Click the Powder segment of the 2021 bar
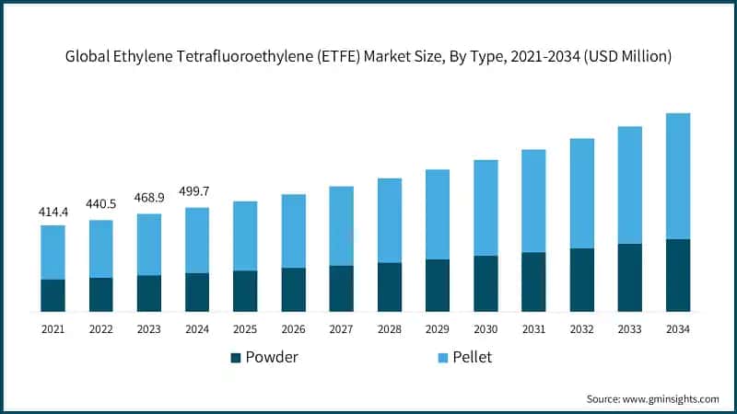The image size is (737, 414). point(53,295)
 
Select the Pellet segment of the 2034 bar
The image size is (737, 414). point(678,176)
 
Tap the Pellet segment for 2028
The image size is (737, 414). point(390,220)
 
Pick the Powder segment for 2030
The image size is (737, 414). point(485,283)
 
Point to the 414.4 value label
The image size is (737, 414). point(53,212)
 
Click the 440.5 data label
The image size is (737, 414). point(101,206)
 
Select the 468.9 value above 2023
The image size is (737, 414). point(149,200)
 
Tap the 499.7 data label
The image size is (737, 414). point(197,193)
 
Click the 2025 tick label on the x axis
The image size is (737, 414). point(245,328)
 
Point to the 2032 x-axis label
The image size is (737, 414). point(581,328)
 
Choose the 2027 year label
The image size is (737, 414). point(341,328)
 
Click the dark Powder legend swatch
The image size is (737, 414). point(236,357)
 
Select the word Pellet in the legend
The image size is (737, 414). point(472,357)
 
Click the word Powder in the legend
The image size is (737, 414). point(272,357)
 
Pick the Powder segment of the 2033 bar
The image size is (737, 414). point(629,278)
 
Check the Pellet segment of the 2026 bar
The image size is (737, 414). point(293,231)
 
